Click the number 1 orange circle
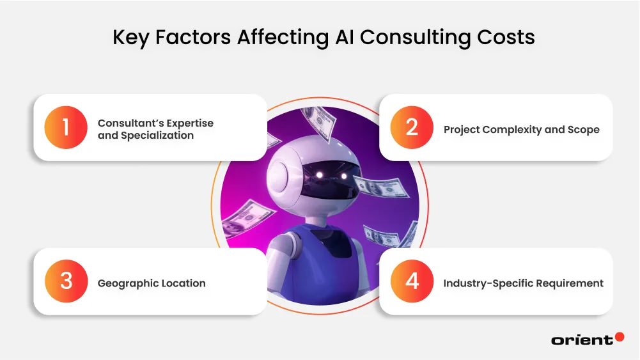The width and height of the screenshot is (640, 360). (x=66, y=127)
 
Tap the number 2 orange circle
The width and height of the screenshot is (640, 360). (x=412, y=127)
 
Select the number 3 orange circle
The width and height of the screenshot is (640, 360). (x=66, y=281)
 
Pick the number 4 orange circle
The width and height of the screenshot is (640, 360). (x=412, y=281)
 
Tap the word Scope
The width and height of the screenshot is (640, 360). (x=584, y=130)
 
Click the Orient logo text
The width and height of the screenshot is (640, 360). (x=581, y=340)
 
